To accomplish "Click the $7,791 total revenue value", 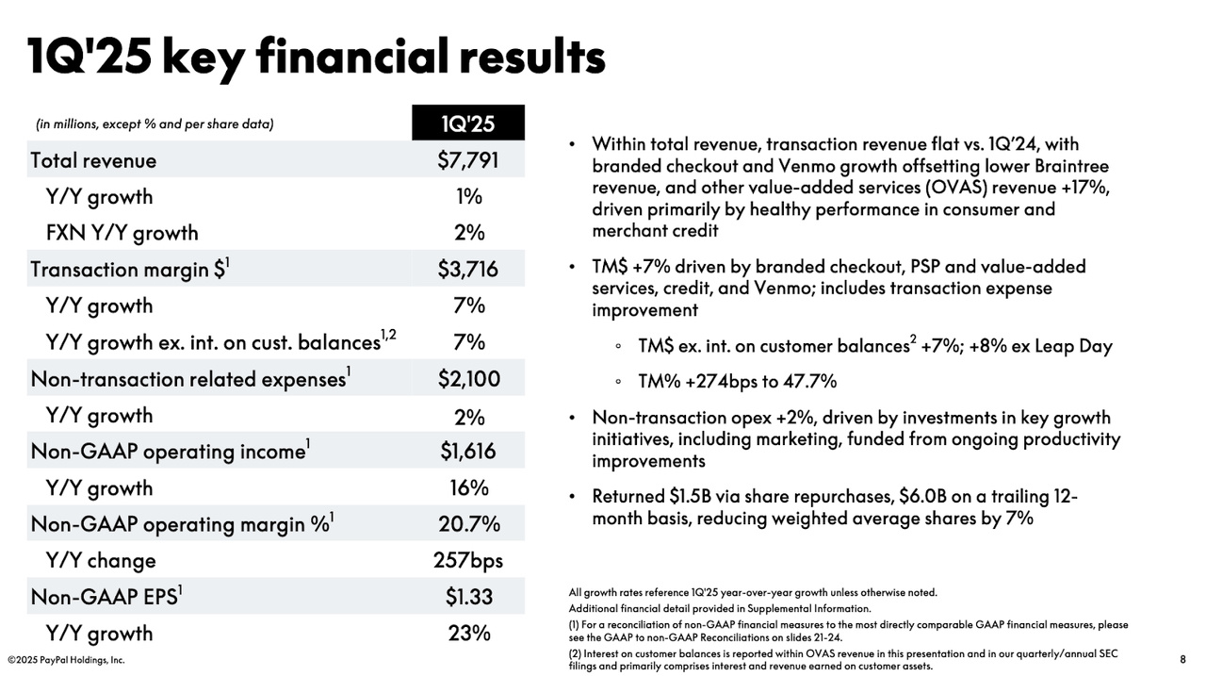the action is pos(468,160).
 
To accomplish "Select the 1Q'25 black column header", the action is pos(468,123).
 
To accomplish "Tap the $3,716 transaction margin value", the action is pos(468,269).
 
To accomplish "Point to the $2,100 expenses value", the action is pos(468,379).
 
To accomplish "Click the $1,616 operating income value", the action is pos(468,451).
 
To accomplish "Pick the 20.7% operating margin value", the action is pos(469,523).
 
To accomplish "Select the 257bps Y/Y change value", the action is pos(468,561).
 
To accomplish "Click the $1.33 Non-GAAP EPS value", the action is pos(468,596).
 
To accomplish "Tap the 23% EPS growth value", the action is pos(469,633).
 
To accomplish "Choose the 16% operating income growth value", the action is pos(469,488).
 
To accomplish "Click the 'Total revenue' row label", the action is pos(93,160).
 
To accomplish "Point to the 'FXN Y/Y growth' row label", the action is pos(122,233).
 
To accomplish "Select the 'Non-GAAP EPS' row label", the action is pos(104,597).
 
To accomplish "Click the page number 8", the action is pos(1182,659).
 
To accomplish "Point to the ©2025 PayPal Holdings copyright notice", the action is pos(66,660).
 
